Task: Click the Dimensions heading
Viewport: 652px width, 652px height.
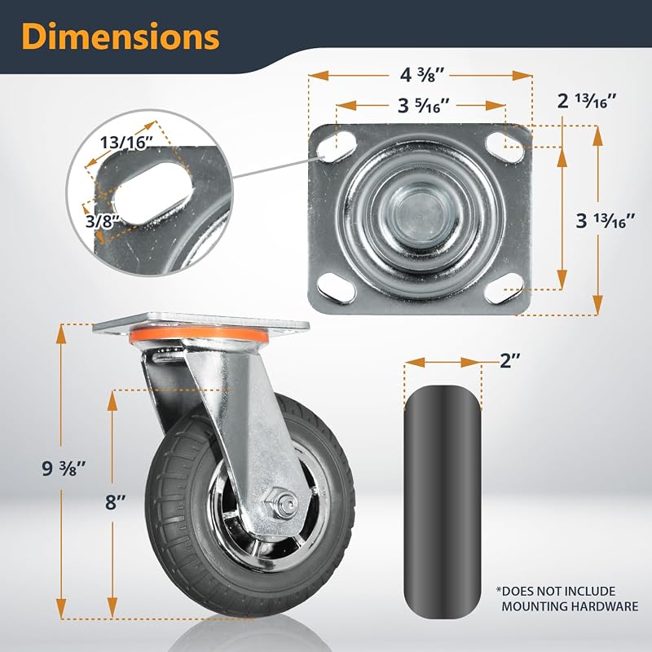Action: click(121, 36)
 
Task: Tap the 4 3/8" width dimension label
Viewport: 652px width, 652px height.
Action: click(422, 75)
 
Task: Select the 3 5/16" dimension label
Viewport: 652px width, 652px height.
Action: click(424, 106)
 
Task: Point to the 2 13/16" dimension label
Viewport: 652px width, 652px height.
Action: click(586, 100)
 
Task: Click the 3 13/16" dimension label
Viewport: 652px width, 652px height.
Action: click(606, 220)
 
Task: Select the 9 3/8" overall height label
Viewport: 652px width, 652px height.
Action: click(64, 468)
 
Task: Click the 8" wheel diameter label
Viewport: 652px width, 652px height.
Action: click(115, 502)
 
